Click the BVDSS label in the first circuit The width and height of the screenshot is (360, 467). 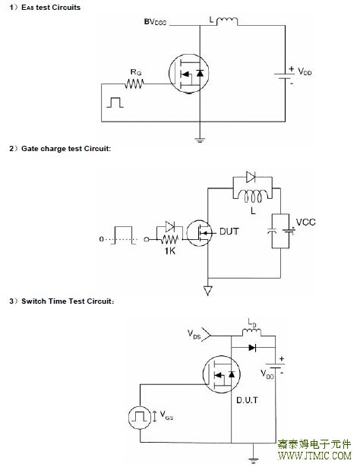coord(155,22)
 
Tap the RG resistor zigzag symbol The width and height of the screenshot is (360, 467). coord(134,84)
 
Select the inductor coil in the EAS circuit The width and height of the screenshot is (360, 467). coord(227,21)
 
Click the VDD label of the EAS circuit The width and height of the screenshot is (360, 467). coord(305,71)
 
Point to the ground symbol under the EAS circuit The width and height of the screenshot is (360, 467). coord(200,140)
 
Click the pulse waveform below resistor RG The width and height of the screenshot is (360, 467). coord(115,103)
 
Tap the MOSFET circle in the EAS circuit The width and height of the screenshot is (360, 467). coord(189,74)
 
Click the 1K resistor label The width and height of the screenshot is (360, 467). coord(170,251)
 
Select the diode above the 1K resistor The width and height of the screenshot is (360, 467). coord(170,226)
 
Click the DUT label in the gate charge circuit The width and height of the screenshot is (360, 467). coord(229,232)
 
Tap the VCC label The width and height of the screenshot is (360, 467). coord(305,222)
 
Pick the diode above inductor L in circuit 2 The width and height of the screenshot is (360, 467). coord(251,177)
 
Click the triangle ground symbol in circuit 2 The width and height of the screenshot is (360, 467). coord(208,290)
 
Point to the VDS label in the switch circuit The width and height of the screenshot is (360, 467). coord(194,334)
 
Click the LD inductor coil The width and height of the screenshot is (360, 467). coord(251,333)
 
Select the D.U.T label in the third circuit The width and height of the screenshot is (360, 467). coord(247,400)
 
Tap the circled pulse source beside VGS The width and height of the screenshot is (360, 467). coord(140,417)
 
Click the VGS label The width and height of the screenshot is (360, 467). coord(166,415)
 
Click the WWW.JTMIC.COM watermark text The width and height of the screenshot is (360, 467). coord(314,456)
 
